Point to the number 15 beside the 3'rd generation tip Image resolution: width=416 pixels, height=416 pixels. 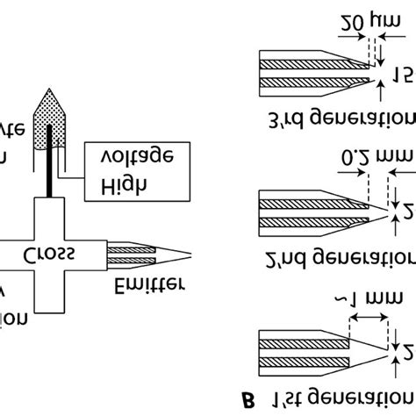(x=403, y=74)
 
